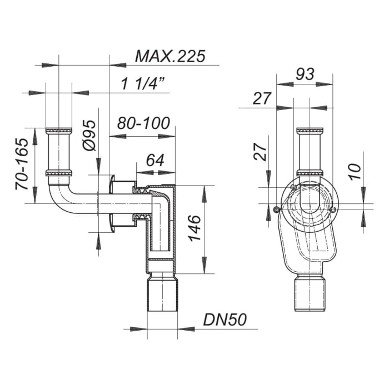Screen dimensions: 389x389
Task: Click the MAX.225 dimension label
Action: pos(170,56)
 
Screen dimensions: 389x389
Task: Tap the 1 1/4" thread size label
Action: pos(144,84)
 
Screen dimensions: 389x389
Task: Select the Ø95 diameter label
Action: pos(89,136)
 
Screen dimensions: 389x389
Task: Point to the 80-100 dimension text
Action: pos(144,123)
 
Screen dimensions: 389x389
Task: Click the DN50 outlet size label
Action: pos(224,320)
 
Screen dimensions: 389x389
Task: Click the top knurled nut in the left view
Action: pos(58,131)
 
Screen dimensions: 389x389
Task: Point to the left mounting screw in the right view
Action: pos(277,210)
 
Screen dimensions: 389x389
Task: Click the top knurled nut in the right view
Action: pos(310,131)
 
